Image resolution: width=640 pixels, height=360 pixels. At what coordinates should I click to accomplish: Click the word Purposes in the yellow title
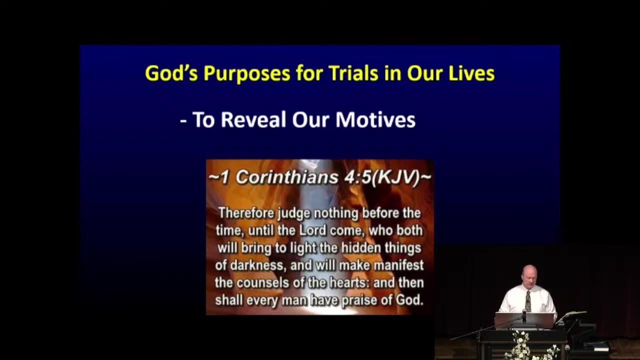247,73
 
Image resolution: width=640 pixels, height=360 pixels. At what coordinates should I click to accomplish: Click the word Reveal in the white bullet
253,119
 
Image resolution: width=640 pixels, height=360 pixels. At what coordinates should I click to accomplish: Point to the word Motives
375,119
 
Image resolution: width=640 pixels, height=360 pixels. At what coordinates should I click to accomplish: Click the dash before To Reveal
183,121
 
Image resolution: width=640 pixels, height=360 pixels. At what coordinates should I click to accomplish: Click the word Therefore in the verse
247,213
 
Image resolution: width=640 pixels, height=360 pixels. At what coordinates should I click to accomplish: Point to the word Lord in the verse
312,230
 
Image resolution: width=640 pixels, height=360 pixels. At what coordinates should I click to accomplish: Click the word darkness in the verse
257,265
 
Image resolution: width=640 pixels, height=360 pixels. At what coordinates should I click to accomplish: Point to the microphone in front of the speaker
524,316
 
